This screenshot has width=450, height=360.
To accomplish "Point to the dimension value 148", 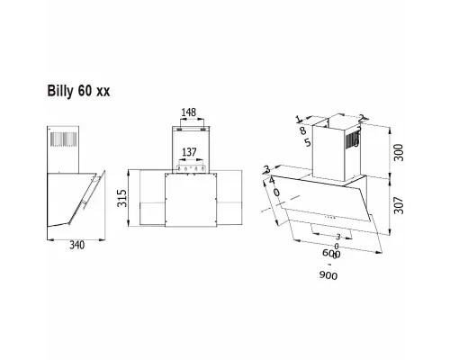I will tap(188, 113).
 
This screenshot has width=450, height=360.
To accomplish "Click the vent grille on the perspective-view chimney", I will tap(357, 134).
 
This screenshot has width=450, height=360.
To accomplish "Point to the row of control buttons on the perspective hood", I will tap(330, 218).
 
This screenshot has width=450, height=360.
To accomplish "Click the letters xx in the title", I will tap(103, 91).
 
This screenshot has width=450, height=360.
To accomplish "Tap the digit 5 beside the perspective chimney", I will tap(307, 143).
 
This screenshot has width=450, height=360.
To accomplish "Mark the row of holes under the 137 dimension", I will tap(190, 167).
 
